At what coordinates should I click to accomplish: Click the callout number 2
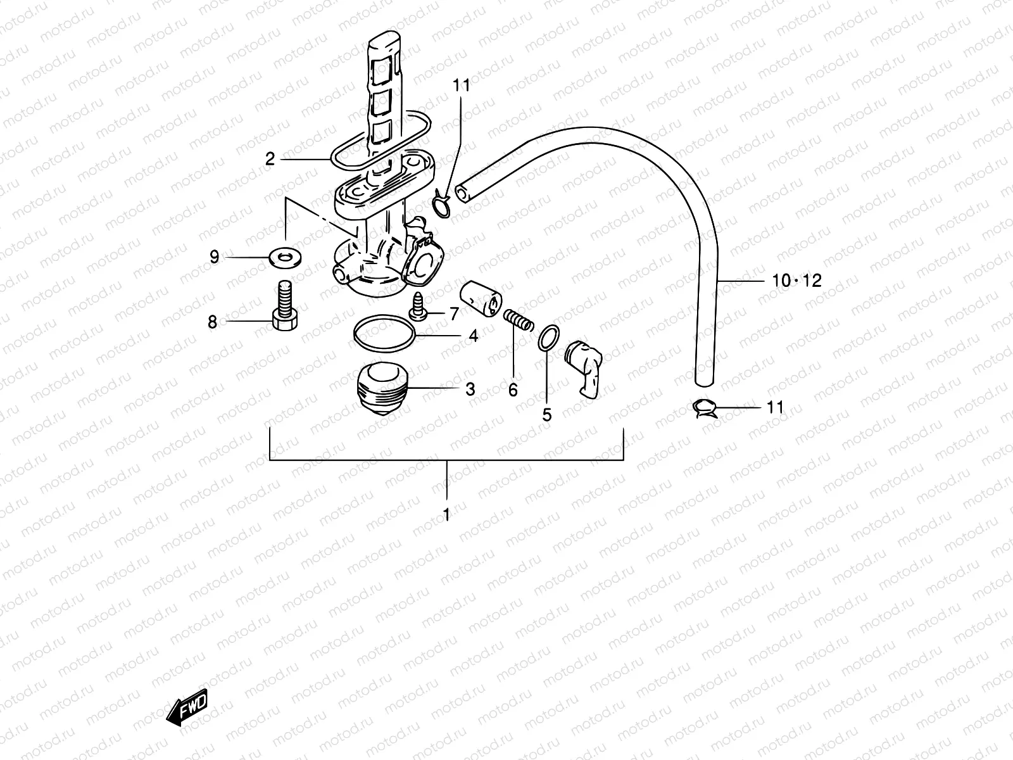[270, 159]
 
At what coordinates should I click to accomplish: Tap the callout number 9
[215, 257]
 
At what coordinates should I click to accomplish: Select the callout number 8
[213, 322]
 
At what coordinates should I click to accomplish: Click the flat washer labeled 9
[285, 257]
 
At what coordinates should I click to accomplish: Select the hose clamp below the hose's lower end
[705, 408]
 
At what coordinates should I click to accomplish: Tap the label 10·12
[796, 280]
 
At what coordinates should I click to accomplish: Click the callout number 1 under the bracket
[446, 514]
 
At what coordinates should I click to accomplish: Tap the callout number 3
[470, 389]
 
